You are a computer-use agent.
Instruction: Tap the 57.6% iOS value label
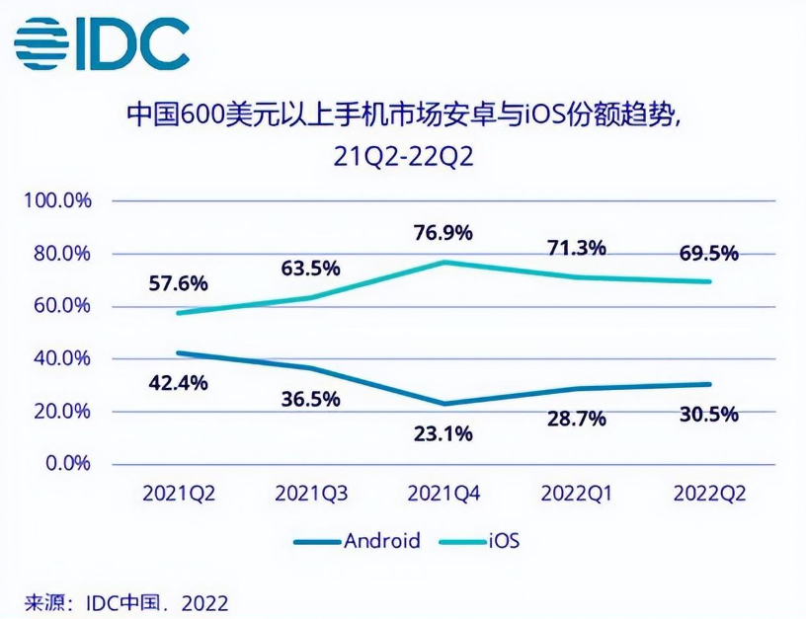[179, 284]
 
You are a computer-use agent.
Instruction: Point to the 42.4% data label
[179, 383]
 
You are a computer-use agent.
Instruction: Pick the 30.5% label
[709, 415]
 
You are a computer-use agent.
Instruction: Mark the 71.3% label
[577, 248]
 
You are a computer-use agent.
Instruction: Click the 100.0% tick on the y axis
[63, 201]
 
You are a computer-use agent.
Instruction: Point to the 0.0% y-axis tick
[70, 464]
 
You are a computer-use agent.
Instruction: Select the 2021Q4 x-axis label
[444, 492]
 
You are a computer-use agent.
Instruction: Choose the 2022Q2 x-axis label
[709, 492]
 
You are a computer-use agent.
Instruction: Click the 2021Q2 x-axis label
[179, 492]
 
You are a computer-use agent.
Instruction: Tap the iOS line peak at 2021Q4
[444, 262]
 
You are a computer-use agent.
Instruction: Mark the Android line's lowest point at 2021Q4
[444, 404]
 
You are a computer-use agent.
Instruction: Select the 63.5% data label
[311, 268]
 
